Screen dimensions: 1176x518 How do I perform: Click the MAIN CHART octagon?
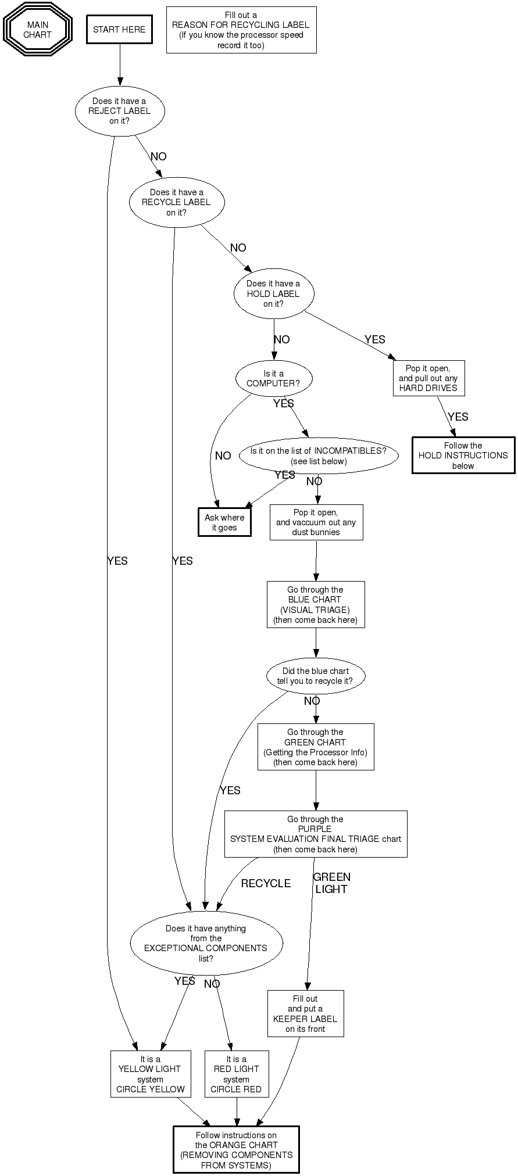coord(38,30)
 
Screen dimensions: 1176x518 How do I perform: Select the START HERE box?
coord(119,30)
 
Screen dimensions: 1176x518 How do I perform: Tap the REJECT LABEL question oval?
coord(120,110)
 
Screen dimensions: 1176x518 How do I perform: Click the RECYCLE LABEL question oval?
coord(176,202)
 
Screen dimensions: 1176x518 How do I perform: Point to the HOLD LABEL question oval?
coord(274,293)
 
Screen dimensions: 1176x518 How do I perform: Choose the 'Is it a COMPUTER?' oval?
coord(274,378)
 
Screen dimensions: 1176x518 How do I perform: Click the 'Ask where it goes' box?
coord(224,522)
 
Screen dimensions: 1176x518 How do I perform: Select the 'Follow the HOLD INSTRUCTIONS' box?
coord(463,456)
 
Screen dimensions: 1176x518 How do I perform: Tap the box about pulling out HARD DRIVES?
coord(428,378)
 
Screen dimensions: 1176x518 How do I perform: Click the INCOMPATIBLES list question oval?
coord(319,456)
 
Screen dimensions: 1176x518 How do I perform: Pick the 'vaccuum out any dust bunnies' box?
coord(316,522)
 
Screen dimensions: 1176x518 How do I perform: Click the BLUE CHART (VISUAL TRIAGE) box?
coord(316,604)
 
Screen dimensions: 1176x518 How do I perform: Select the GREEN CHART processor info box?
coord(316,747)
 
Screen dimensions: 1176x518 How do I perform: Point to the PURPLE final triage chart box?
coord(316,834)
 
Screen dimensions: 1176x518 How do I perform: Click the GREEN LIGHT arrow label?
coord(331,883)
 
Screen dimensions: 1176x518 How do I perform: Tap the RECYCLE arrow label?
coord(266,883)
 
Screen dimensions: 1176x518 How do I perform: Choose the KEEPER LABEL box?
coord(306,1013)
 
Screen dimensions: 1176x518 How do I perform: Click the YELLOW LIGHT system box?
coord(151,1074)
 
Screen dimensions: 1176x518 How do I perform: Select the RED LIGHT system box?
coord(237,1074)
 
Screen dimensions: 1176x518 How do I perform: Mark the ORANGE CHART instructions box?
coord(236,1150)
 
